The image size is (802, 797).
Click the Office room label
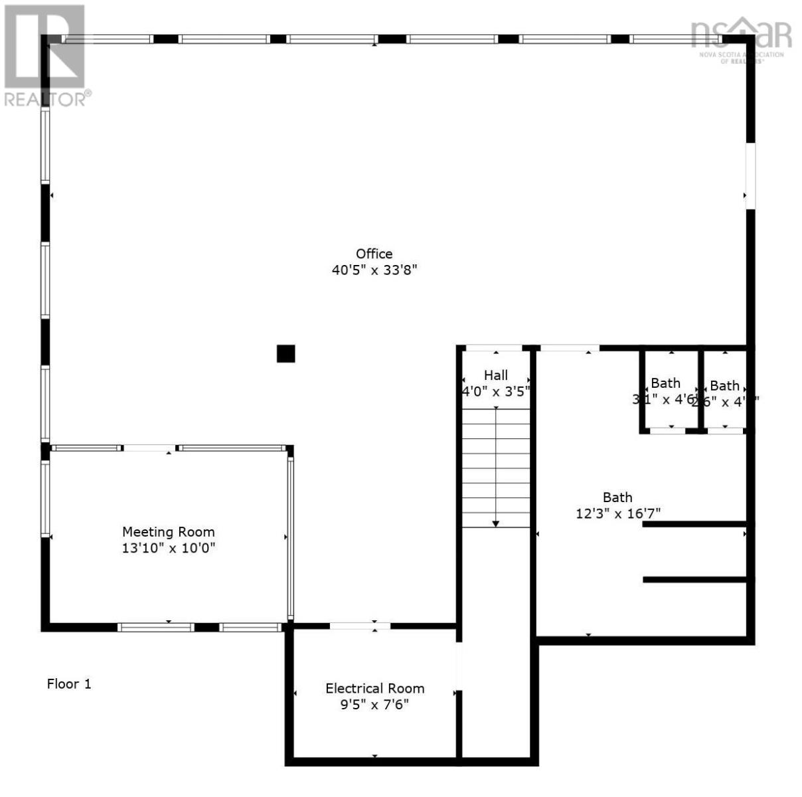(x=374, y=254)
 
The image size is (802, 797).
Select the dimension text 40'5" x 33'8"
(x=374, y=270)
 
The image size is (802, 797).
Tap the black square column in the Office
(x=285, y=354)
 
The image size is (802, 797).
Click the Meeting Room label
(x=168, y=532)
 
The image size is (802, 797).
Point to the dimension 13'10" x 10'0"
(x=168, y=549)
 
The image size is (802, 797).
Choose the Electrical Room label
(x=374, y=689)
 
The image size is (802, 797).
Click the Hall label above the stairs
(x=495, y=375)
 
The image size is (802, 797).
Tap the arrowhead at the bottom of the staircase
(x=495, y=524)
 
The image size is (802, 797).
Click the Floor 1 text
(x=68, y=684)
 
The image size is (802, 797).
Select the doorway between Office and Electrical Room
(x=360, y=626)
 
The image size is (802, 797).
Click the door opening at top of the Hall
(x=495, y=347)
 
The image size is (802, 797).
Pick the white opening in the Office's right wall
(x=750, y=176)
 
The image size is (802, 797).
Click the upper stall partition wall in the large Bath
(x=694, y=524)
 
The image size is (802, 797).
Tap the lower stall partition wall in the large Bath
(x=694, y=580)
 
